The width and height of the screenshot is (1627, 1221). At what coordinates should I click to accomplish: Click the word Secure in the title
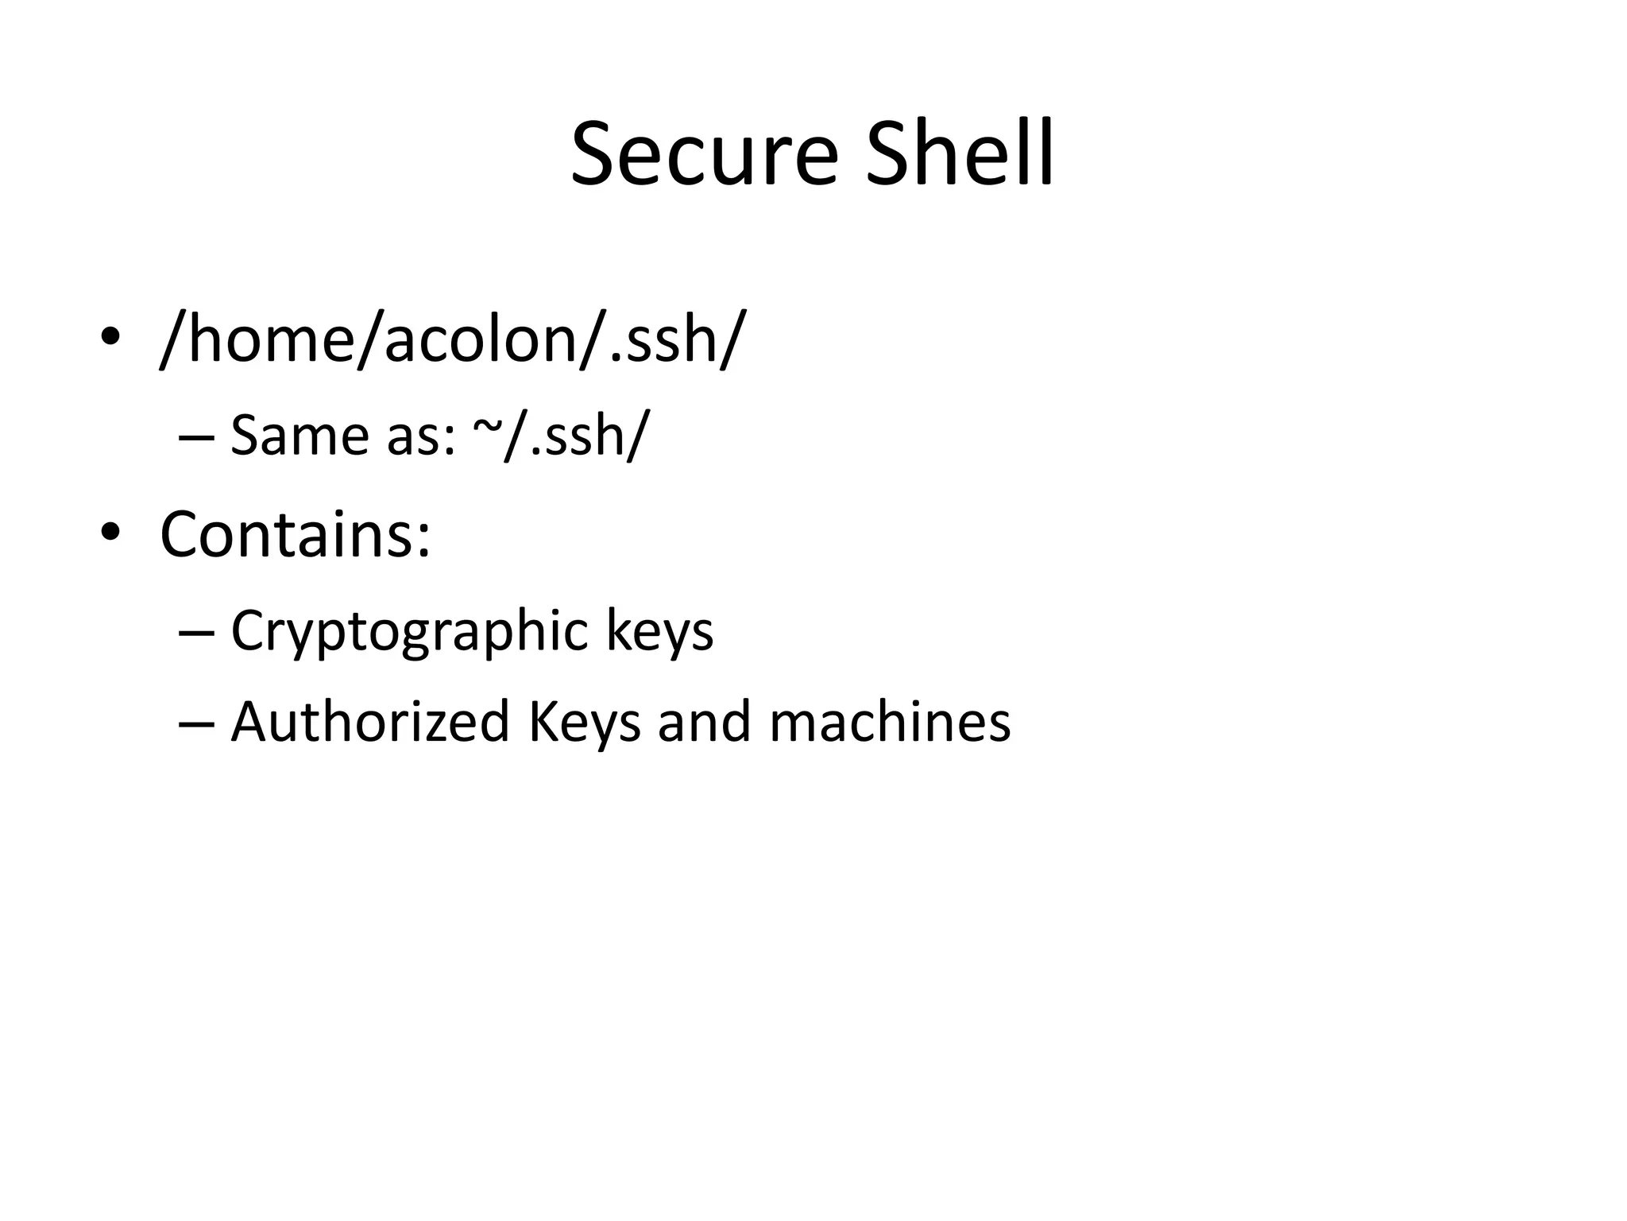(704, 153)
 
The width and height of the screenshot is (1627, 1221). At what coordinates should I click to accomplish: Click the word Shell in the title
(960, 153)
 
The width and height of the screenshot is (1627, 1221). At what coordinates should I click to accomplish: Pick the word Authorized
(369, 723)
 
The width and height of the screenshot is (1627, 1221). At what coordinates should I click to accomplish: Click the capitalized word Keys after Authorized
(584, 723)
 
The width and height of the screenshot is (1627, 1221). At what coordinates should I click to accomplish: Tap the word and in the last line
(704, 723)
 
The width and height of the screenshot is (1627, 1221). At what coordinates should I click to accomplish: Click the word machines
(890, 723)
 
